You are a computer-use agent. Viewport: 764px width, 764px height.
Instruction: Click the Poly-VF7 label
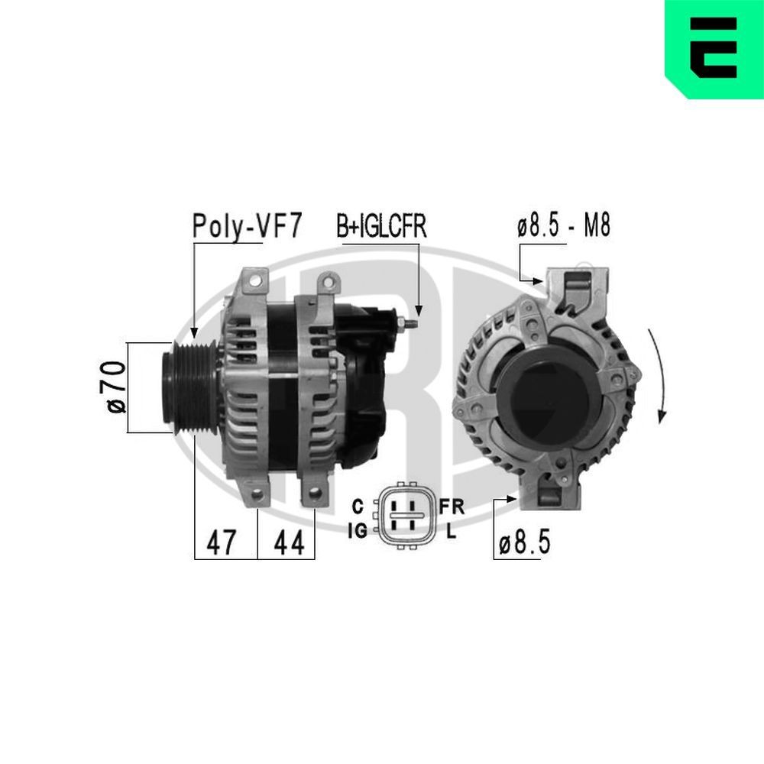coord(248,226)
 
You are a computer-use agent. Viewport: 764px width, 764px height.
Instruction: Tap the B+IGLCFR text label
coord(381,227)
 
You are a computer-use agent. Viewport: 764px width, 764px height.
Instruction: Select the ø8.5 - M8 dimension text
coord(563,227)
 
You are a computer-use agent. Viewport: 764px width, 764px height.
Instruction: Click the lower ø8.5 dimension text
coord(524,543)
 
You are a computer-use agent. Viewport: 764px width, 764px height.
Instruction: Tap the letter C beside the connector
coord(357,506)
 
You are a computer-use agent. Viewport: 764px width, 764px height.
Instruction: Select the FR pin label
coord(452,506)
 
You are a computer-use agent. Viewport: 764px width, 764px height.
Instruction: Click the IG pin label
coord(357,529)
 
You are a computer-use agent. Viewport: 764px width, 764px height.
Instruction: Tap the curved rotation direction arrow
coord(659,376)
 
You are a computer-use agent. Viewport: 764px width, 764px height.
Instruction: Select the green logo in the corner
coord(714,49)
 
